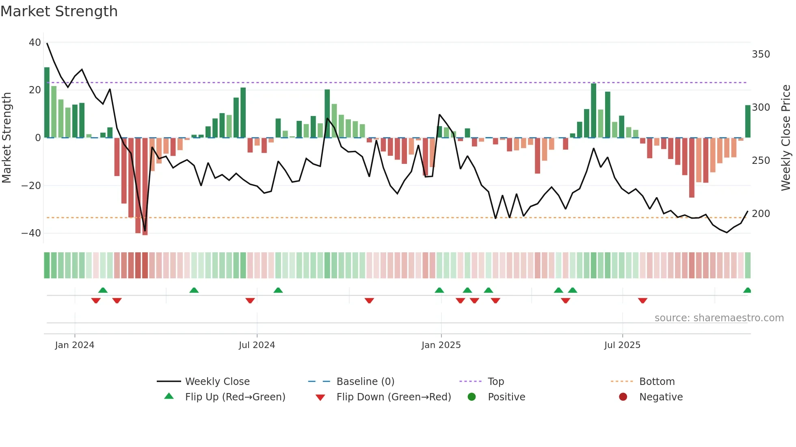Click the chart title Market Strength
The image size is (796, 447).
point(59,11)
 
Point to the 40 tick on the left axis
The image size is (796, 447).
point(35,43)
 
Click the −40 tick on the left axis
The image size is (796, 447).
point(31,233)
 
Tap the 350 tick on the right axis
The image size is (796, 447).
point(761,54)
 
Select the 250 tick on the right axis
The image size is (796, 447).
point(761,161)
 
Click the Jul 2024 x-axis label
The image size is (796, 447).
point(257,345)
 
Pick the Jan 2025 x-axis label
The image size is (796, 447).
point(441,345)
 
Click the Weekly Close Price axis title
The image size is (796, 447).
point(786,138)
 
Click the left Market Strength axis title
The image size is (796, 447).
point(7,138)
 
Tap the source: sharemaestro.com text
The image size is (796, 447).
point(719,318)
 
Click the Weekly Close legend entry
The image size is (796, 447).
point(217,382)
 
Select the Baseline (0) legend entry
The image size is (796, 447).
point(365,382)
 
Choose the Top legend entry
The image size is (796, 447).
point(495,382)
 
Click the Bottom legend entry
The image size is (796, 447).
point(657,382)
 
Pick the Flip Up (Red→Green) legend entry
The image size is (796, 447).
point(235,397)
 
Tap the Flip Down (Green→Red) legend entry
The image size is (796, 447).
point(394,397)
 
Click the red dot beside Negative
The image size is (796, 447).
point(623,397)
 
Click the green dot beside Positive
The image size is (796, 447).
point(472,397)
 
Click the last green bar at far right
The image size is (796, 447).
point(748,121)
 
